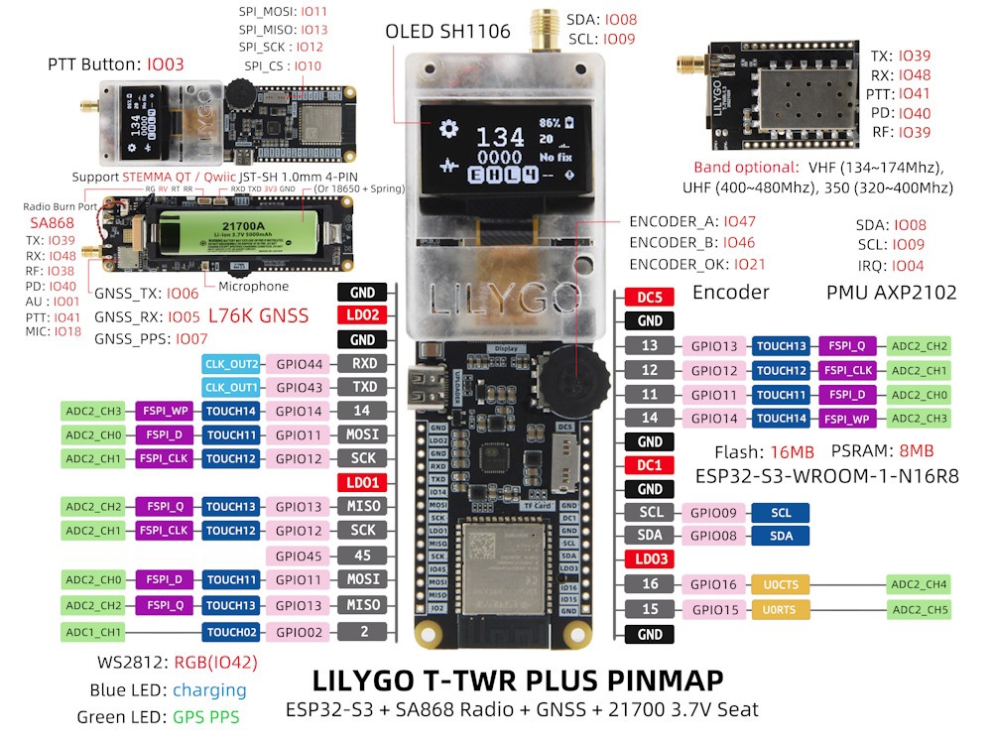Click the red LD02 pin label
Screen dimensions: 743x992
point(364,315)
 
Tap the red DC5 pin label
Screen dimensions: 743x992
point(650,297)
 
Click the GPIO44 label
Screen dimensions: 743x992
point(301,364)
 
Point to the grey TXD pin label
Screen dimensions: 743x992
point(364,388)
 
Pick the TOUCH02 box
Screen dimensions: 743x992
point(233,631)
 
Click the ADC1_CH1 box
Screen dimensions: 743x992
point(93,631)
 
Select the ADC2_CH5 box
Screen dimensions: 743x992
point(918,609)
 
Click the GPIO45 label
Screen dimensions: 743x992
point(301,557)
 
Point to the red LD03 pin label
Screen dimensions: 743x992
point(650,559)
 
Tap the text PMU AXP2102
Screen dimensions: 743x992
point(891,293)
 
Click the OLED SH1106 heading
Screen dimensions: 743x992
point(448,31)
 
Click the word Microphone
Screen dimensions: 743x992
point(254,286)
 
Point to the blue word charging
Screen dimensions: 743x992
point(209,690)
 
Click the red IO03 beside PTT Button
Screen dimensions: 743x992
point(165,64)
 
